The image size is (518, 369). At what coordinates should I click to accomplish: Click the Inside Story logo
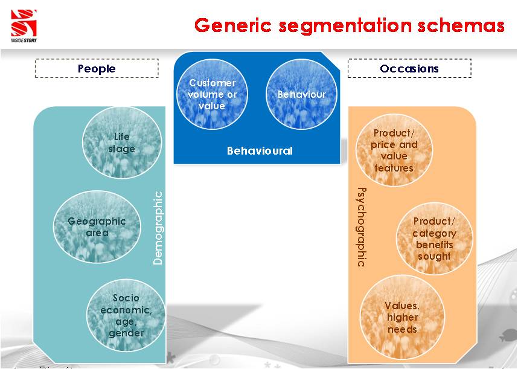[x=24, y=26]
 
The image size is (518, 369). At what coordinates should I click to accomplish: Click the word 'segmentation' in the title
[x=345, y=25]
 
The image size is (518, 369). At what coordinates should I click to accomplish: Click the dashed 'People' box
[x=97, y=68]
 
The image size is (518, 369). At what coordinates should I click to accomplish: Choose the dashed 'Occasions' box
[x=409, y=68]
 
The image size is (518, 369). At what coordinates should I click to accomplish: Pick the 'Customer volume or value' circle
[x=212, y=94]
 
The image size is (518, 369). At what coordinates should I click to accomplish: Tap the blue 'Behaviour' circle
[x=302, y=94]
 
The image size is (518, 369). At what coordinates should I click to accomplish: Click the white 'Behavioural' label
[x=260, y=151]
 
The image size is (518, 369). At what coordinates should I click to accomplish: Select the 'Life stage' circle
[x=122, y=143]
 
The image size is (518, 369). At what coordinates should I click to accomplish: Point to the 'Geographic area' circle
[x=97, y=227]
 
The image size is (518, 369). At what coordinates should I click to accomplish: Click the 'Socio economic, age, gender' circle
[x=126, y=315]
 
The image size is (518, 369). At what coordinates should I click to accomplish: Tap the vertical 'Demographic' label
[x=158, y=228]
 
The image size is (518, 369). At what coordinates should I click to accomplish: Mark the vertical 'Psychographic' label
[x=362, y=227]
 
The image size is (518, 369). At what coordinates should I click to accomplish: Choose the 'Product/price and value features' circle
[x=394, y=150]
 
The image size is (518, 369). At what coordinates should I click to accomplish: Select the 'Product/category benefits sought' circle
[x=435, y=239]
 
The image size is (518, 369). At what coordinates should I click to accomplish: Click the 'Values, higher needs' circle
[x=402, y=317]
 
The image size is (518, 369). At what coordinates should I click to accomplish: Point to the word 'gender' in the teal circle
[x=127, y=333]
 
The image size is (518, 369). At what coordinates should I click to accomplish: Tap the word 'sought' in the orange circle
[x=435, y=256]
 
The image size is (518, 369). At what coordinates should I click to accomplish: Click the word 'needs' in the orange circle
[x=402, y=329]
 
